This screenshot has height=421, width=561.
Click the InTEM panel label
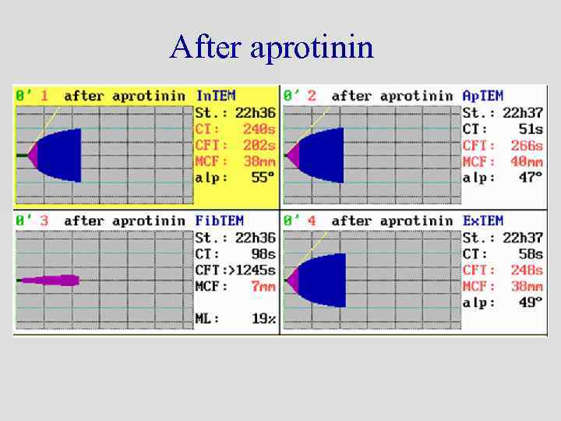point(216,96)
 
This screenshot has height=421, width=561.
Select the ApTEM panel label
point(483,96)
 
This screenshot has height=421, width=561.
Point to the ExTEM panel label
point(483,221)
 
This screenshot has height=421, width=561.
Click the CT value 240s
point(259,129)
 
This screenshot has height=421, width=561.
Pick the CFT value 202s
point(259,145)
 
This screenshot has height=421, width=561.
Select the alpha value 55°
point(261,178)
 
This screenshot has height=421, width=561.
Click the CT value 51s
point(530,129)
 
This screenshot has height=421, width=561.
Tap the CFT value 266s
point(527,145)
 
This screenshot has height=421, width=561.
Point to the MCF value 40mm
point(527,161)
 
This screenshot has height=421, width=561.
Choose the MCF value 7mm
point(263,286)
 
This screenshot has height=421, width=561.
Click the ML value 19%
point(263,319)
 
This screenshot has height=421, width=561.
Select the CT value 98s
point(263,253)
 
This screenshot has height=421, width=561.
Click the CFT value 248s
point(527,270)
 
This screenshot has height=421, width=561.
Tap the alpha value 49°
point(529,302)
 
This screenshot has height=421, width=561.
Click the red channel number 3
point(44,221)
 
